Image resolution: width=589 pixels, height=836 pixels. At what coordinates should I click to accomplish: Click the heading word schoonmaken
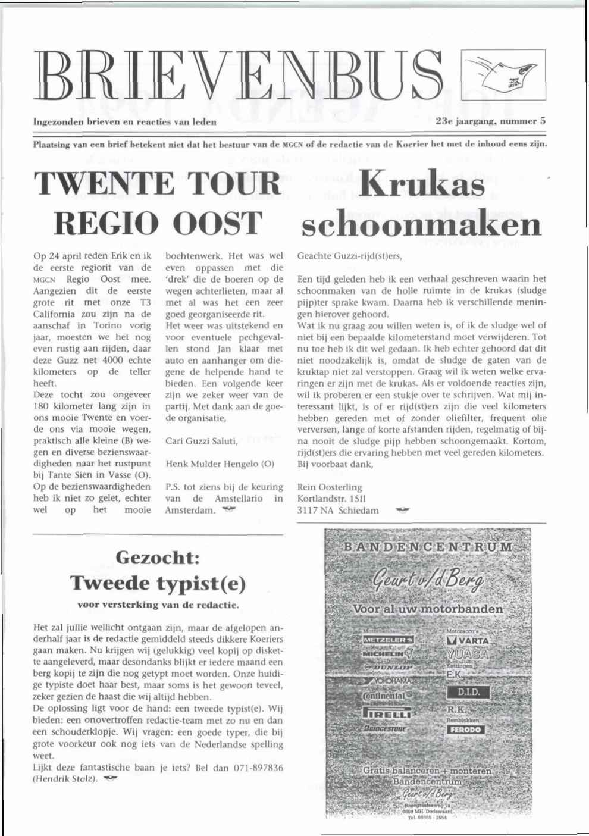[x=422, y=225]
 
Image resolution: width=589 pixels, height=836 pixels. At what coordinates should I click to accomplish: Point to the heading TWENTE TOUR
[x=158, y=184]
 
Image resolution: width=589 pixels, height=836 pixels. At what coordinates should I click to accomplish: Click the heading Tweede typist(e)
[x=158, y=583]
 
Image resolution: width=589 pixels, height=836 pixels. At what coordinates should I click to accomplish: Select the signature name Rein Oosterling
[x=330, y=487]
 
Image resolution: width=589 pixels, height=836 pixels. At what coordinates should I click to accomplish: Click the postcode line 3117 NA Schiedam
[x=337, y=510]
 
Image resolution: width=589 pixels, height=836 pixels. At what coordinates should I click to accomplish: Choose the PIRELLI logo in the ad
[x=387, y=713]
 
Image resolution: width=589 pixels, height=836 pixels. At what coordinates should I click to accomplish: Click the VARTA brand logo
[x=468, y=641]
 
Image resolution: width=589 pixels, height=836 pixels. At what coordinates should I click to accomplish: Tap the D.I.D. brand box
[x=468, y=693]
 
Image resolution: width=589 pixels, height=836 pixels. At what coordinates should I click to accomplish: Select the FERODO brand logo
[x=465, y=729]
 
